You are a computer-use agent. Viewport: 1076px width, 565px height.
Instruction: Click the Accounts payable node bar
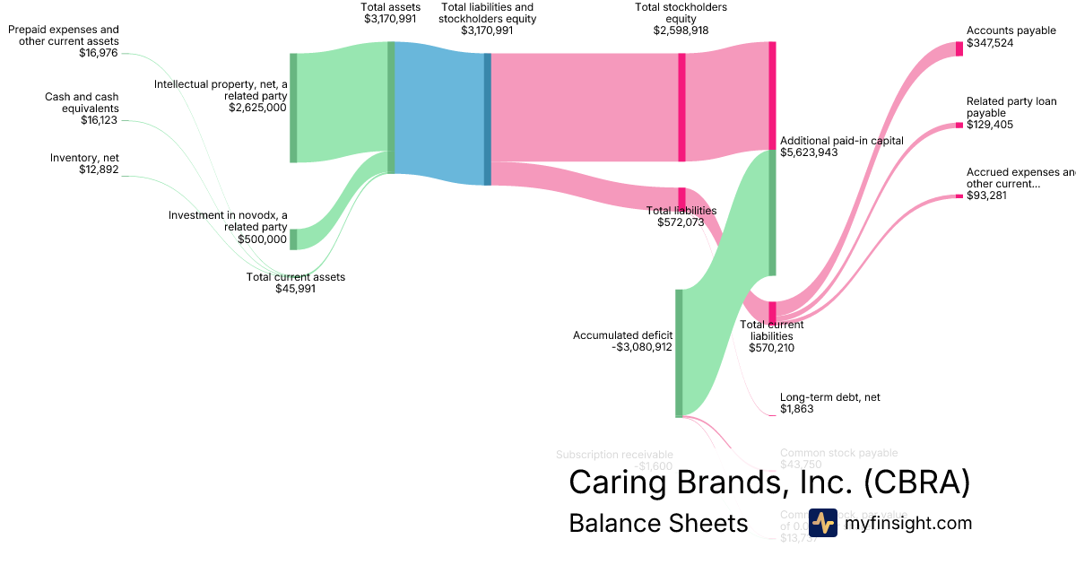(959, 48)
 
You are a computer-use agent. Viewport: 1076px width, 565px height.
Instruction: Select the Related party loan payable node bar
(959, 125)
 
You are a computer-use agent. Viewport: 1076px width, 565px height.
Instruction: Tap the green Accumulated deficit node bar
(679, 352)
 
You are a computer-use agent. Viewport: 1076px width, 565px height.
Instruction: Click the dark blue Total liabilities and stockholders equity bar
(488, 119)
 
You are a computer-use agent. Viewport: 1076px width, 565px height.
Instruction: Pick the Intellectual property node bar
(293, 108)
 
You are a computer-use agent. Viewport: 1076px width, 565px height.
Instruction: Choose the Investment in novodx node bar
(293, 239)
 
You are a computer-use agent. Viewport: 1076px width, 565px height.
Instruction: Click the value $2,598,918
(681, 30)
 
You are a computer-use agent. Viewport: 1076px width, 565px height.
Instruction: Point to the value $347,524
(990, 42)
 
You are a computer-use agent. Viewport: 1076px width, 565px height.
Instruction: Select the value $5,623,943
(809, 152)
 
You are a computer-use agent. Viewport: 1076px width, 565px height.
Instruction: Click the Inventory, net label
(84, 158)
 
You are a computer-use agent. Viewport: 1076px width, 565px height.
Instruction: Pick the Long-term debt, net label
(824, 397)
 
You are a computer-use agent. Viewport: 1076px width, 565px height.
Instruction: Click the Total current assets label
(295, 277)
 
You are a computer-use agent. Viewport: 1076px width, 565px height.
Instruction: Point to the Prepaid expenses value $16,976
(98, 53)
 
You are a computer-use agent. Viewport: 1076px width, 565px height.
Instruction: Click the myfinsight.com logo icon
(822, 523)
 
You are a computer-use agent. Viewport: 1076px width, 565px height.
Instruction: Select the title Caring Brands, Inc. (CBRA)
(769, 482)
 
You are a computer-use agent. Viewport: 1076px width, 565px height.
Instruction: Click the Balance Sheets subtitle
(658, 523)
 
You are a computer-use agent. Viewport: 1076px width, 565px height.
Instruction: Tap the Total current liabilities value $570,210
(771, 348)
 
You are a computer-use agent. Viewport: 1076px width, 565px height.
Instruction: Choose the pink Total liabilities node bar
(681, 197)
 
